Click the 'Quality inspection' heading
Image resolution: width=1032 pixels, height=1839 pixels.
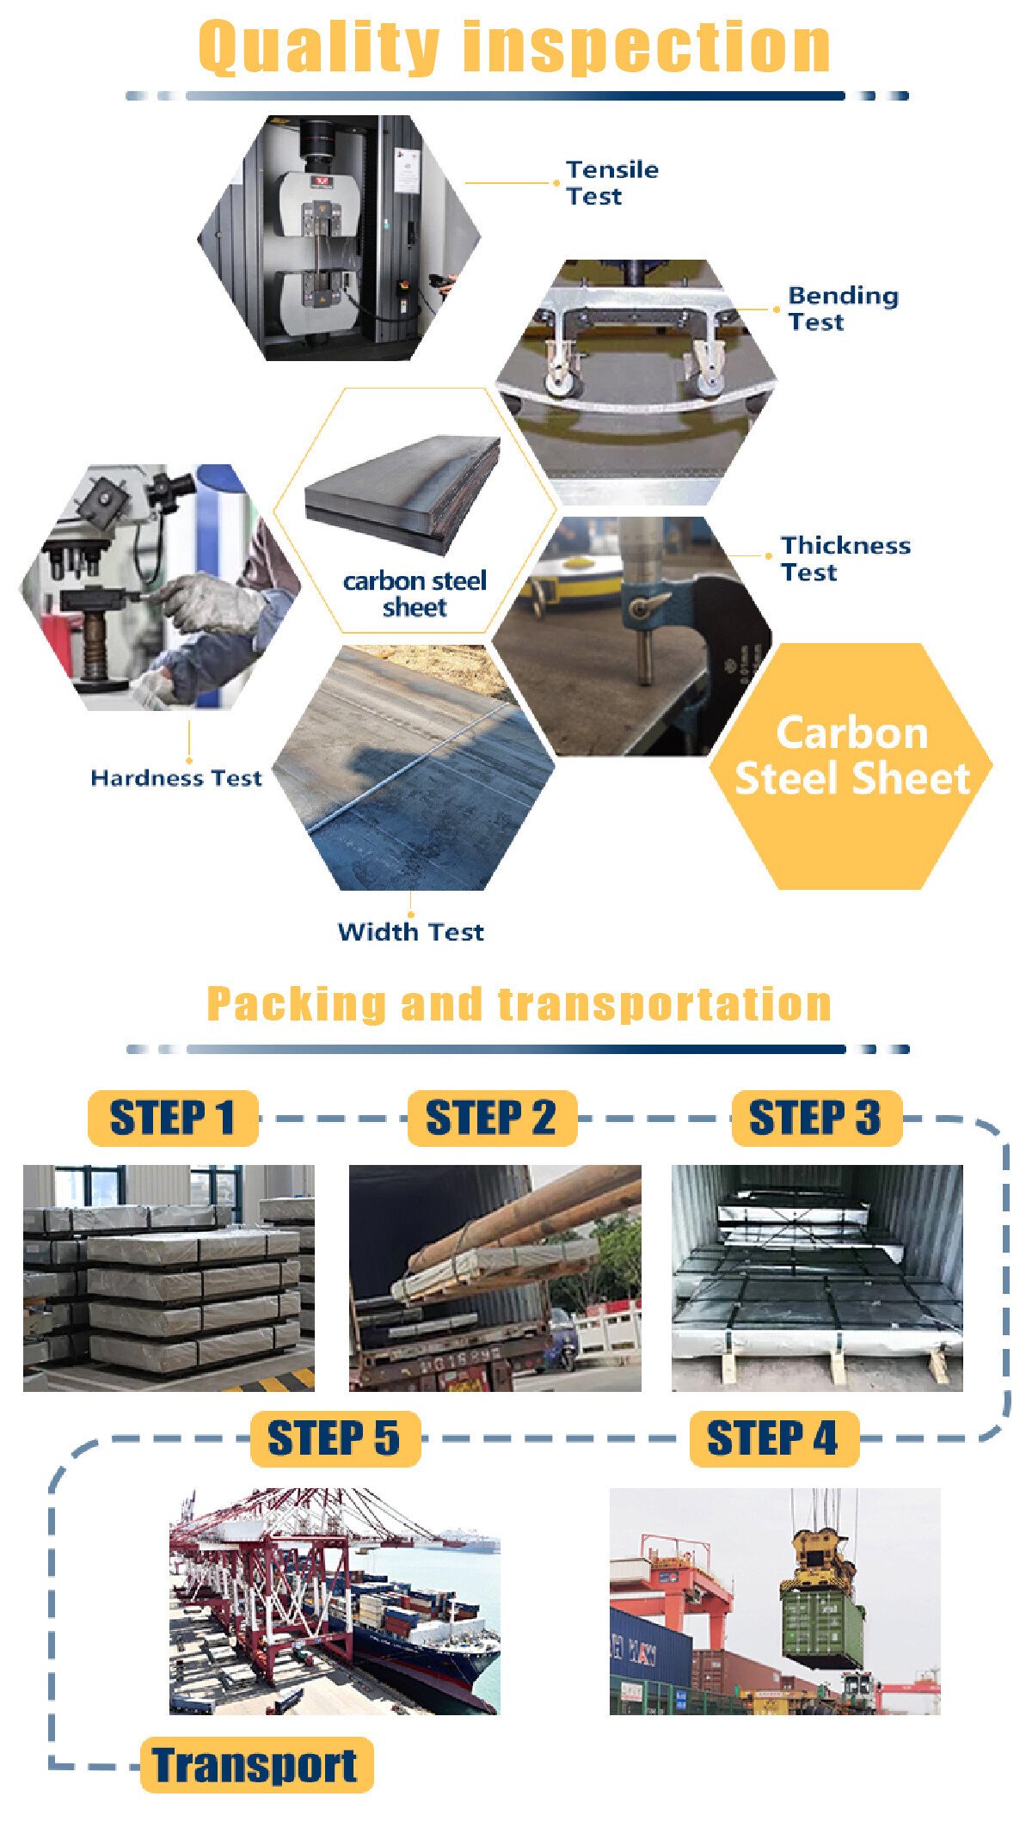pyautogui.click(x=514, y=47)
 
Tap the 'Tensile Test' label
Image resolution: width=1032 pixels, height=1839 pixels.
pyautogui.click(x=612, y=182)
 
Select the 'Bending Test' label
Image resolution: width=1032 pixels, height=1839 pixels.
pyautogui.click(x=843, y=308)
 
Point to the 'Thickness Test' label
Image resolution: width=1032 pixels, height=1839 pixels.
pyautogui.click(x=845, y=558)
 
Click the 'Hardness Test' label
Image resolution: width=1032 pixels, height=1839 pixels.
pyautogui.click(x=176, y=778)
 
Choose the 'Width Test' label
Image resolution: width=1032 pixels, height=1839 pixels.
pyautogui.click(x=411, y=931)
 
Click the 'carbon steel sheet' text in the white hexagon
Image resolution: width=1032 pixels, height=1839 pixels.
pyautogui.click(x=415, y=594)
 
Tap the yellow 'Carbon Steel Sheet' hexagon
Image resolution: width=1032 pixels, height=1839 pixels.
pyautogui.click(x=851, y=766)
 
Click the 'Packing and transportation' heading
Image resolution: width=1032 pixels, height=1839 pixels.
pyautogui.click(x=519, y=1004)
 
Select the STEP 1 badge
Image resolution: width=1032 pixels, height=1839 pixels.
pyautogui.click(x=173, y=1118)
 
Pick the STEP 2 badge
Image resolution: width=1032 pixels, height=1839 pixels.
pyautogui.click(x=492, y=1118)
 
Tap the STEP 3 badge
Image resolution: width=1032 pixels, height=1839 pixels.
pyautogui.click(x=816, y=1118)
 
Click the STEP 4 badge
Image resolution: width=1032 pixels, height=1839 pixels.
pyautogui.click(x=774, y=1438)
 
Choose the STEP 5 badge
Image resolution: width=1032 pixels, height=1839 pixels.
pyautogui.click(x=335, y=1438)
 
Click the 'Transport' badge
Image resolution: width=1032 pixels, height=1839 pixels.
pyautogui.click(x=256, y=1765)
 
